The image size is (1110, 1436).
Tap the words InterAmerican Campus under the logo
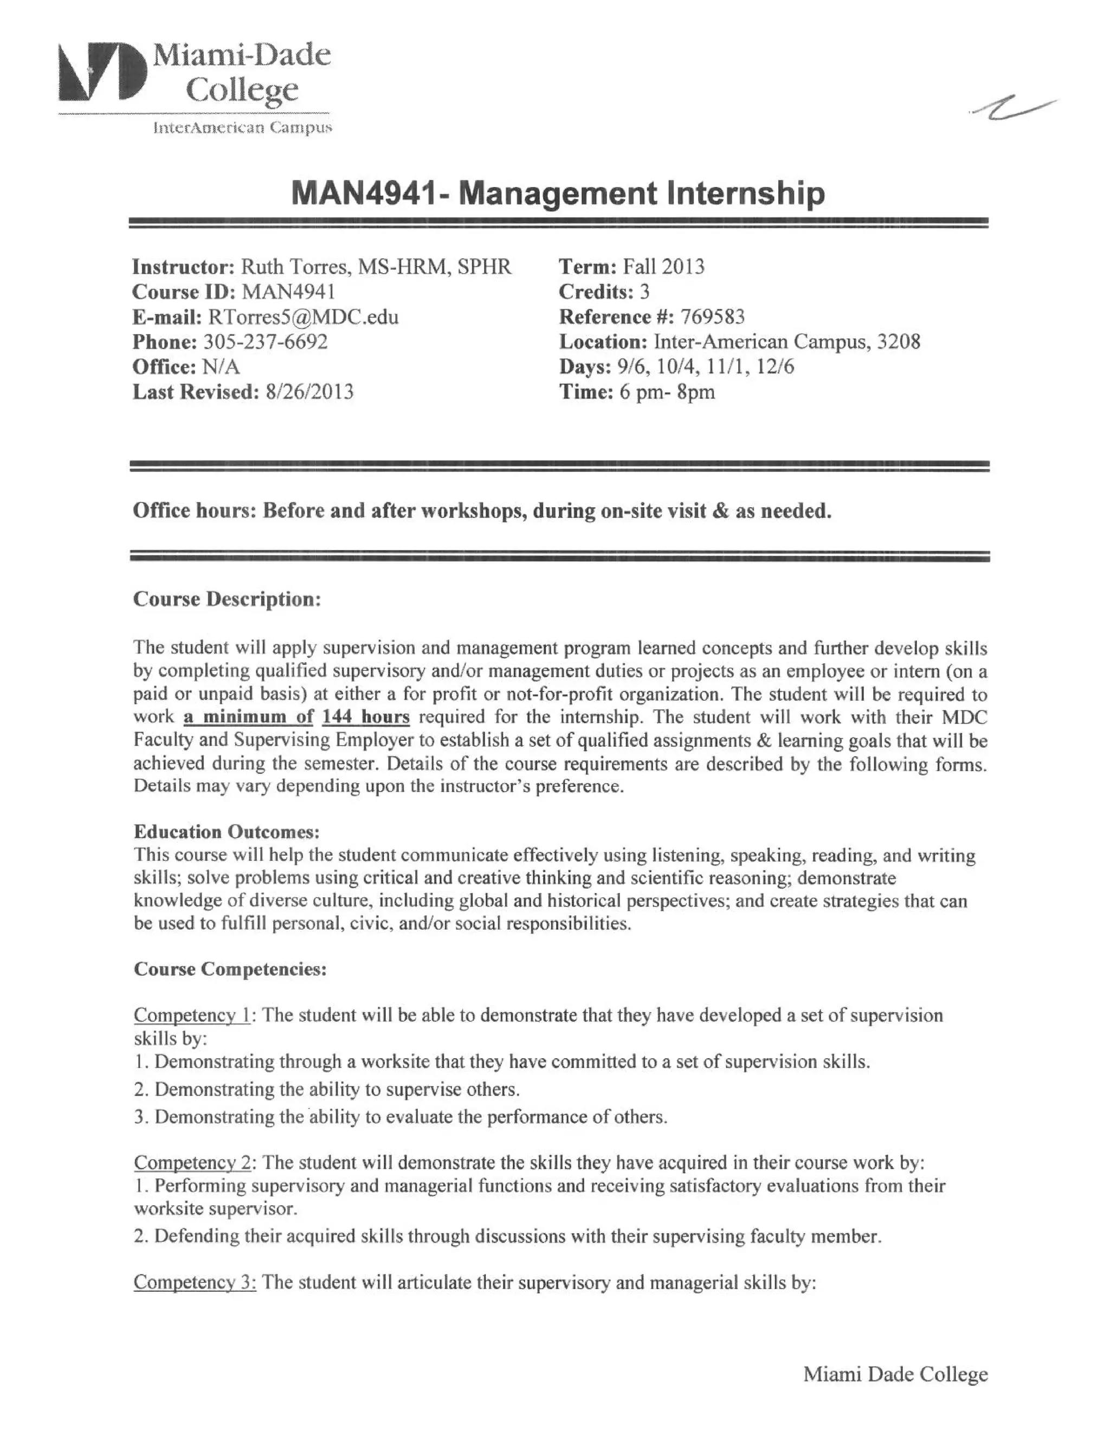[242, 127]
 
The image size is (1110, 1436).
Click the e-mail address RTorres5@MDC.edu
[303, 317]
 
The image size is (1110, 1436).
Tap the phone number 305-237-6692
[265, 342]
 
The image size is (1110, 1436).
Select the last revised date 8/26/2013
[309, 392]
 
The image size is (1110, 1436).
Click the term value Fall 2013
[663, 267]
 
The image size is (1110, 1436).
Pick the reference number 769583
[712, 317]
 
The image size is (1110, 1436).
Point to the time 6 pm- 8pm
[667, 392]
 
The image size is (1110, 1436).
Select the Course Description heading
[227, 599]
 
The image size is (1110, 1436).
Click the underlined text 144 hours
[366, 717]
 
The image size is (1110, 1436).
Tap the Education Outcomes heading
[227, 832]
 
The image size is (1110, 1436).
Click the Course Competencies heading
[230, 969]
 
